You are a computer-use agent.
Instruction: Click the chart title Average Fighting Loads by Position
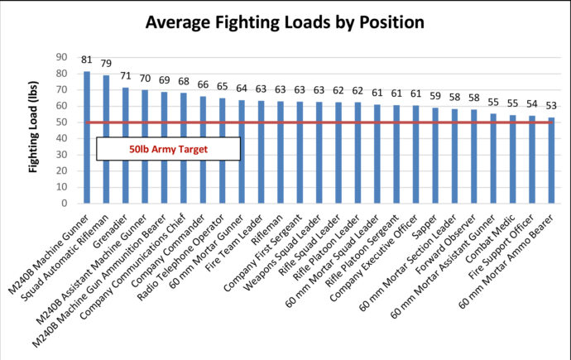pyautogui.click(x=285, y=22)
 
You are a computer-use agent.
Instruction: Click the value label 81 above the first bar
pyautogui.click(x=87, y=60)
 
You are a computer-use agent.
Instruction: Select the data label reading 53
pyautogui.click(x=552, y=106)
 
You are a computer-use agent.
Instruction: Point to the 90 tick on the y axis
pyautogui.click(x=62, y=57)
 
